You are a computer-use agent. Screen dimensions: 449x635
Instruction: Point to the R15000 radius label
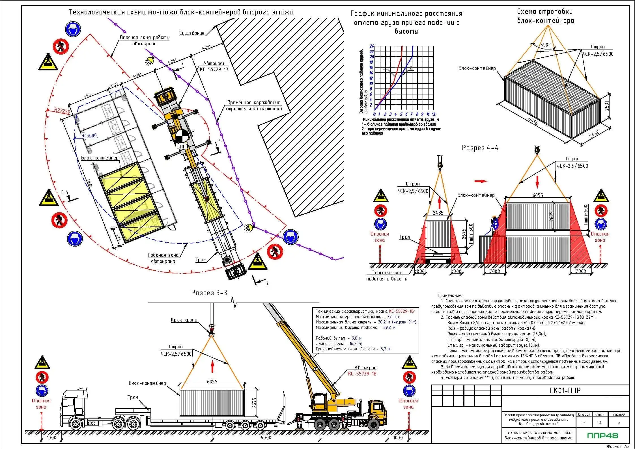[89, 135]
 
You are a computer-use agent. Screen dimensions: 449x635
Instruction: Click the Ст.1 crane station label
[182, 146]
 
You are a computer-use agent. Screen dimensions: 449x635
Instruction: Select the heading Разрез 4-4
[480, 148]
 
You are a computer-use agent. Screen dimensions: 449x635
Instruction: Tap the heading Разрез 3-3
[209, 293]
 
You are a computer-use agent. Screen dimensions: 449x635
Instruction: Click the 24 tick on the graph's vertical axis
[372, 46]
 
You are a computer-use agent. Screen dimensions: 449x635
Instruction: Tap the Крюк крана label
[184, 320]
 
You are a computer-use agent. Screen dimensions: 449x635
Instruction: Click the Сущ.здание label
[192, 33]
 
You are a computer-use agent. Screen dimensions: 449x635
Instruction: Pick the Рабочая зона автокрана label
[163, 258]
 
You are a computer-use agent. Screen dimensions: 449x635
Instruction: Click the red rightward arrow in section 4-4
[481, 181]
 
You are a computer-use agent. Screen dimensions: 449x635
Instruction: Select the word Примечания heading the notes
[450, 295]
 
